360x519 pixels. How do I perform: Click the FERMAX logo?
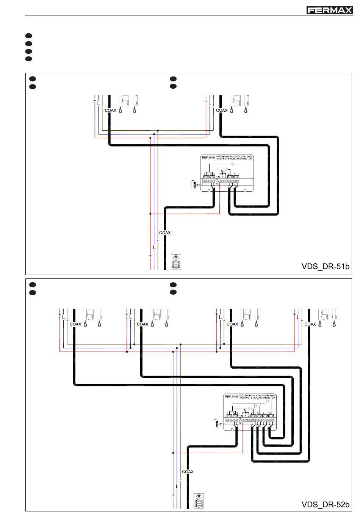click(329, 10)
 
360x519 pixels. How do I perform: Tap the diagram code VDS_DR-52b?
click(325, 505)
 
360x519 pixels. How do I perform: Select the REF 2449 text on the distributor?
click(231, 397)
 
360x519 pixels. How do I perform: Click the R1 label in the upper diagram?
click(197, 185)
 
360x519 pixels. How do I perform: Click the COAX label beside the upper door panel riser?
click(165, 233)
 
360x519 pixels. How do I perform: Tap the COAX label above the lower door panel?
click(188, 472)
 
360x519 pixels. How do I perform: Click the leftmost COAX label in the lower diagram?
click(75, 324)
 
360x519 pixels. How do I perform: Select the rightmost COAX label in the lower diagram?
click(310, 324)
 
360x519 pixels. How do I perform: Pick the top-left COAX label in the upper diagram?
click(111, 111)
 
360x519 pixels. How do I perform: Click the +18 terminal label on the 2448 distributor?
click(218, 177)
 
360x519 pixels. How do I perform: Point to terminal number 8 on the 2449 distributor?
click(269, 413)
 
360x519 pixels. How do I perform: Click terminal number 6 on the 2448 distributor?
click(235, 174)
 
